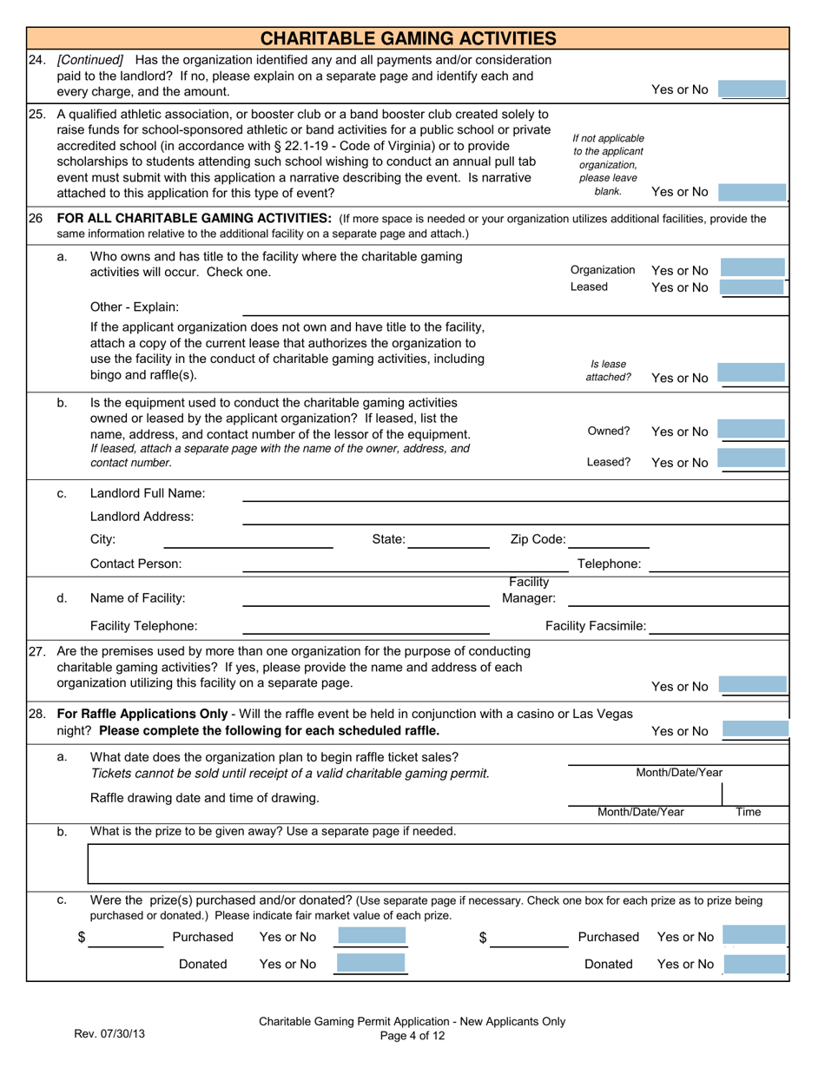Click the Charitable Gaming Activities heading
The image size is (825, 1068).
[x=408, y=38]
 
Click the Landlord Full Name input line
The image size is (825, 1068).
[x=514, y=494]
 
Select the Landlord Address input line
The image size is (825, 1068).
[x=514, y=517]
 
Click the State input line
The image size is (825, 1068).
[x=448, y=541]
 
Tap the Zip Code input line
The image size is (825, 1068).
[x=608, y=541]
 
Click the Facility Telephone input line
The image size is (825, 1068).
[x=365, y=626]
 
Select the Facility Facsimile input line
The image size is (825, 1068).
[x=719, y=626]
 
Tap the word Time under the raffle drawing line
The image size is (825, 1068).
[x=748, y=813]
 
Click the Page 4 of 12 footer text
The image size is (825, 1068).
[x=412, y=1035]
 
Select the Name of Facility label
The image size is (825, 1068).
[x=137, y=597]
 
